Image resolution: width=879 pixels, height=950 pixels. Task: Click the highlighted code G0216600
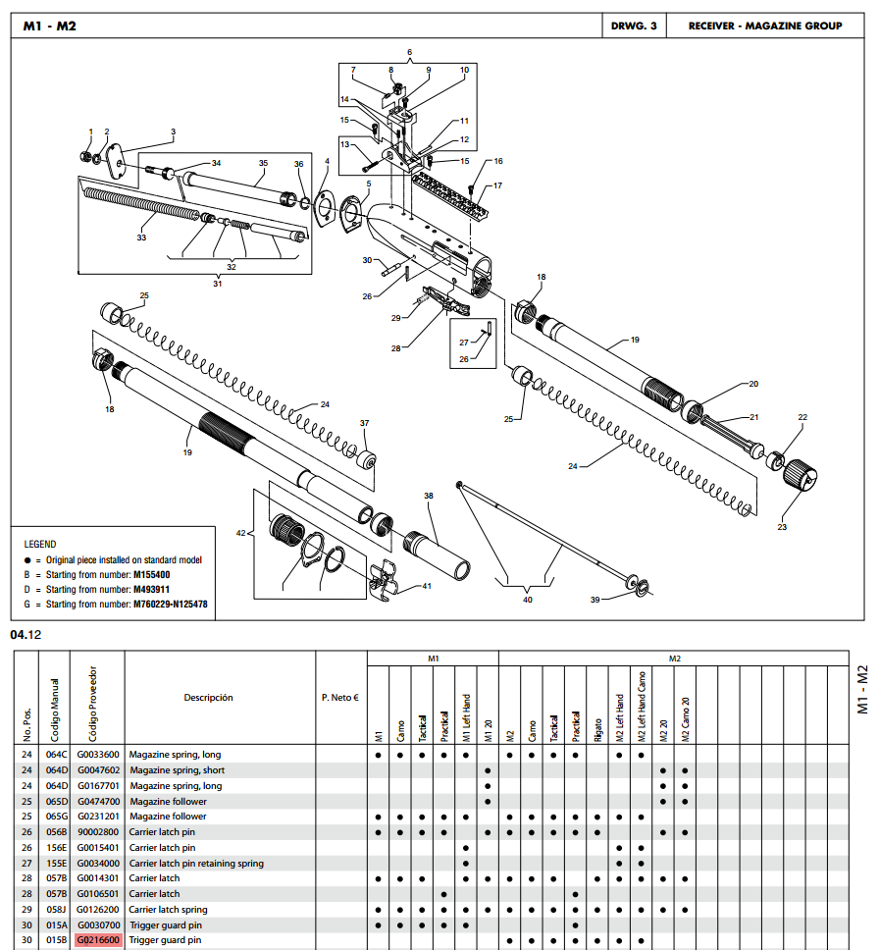coord(98,940)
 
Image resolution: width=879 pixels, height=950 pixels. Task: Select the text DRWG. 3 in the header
coord(634,26)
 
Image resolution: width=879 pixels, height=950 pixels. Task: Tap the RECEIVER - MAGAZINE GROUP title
coord(765,26)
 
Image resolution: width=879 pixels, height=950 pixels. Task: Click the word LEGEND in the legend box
coord(40,544)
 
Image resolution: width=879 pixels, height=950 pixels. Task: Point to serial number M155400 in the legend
coord(151,574)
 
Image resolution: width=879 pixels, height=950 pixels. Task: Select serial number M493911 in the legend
coord(151,589)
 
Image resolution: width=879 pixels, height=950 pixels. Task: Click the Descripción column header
coord(208,698)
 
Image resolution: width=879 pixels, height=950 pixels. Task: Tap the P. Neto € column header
coord(339,698)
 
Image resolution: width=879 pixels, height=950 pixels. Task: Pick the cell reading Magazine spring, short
coord(177,770)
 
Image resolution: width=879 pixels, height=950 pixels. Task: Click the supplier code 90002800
coord(98,832)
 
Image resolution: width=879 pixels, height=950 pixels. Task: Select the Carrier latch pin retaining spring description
coord(196,863)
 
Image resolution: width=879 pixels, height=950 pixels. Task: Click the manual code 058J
coord(56,910)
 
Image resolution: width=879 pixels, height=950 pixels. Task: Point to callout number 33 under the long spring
coord(141,237)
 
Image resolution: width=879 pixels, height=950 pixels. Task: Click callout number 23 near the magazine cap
coord(782,527)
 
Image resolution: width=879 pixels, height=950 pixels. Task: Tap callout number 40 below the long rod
coord(528,600)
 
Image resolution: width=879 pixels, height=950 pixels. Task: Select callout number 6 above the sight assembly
coord(409,52)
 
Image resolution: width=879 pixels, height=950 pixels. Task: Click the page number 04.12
coord(26,635)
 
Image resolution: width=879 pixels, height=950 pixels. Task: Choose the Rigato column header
coord(597,729)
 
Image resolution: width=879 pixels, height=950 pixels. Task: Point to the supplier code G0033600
coord(98,755)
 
